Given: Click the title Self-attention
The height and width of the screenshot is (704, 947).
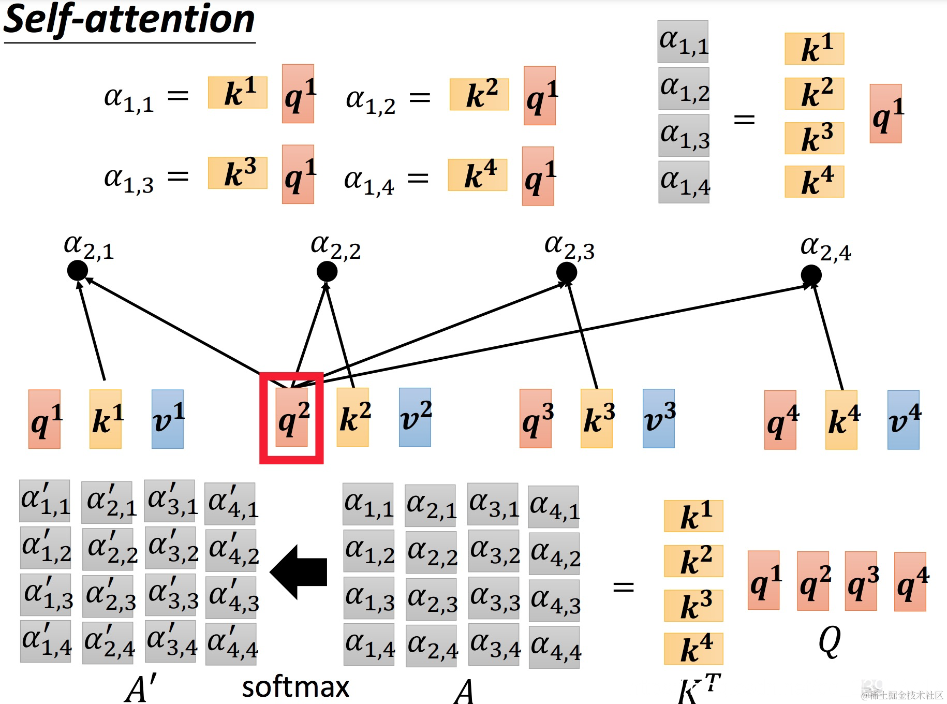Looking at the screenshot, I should (x=129, y=20).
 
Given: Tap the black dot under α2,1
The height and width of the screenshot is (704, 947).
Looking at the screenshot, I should (x=78, y=270).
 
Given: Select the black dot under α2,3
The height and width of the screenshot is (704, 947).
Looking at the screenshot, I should (x=567, y=272).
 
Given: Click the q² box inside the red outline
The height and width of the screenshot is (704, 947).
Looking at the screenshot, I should (x=292, y=417).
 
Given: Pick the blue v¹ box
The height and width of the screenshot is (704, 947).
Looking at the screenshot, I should (x=168, y=419).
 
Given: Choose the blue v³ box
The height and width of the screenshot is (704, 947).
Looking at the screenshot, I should (x=658, y=418).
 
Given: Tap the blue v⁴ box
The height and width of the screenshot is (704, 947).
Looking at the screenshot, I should (x=903, y=420).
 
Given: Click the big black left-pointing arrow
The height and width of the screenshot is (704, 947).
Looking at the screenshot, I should (x=299, y=572).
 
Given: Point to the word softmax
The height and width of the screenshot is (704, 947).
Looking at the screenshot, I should (x=295, y=687).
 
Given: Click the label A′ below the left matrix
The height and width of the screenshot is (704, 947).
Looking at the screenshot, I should (x=140, y=689).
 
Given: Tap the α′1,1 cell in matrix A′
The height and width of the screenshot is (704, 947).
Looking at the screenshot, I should (x=45, y=501).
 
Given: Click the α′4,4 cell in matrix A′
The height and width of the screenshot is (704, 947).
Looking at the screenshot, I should (x=231, y=644).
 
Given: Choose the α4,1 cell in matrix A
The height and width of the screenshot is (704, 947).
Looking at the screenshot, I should (x=553, y=507).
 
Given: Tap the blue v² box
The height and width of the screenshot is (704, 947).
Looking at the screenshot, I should (x=415, y=417).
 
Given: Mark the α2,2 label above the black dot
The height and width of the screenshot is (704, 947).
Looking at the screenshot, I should (x=335, y=247).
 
